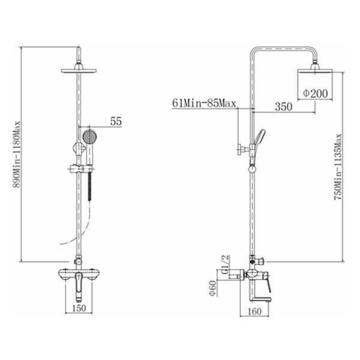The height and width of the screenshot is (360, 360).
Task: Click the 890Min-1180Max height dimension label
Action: click(x=17, y=155)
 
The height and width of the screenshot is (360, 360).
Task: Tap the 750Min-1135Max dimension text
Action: click(x=338, y=167)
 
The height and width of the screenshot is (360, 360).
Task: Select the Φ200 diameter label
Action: click(x=315, y=93)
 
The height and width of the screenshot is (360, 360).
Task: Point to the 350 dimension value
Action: click(x=284, y=107)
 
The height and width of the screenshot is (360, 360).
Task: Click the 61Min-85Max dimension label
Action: click(x=204, y=103)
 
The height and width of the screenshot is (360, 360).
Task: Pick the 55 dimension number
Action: click(x=116, y=121)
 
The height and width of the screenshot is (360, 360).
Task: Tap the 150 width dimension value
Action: click(x=79, y=308)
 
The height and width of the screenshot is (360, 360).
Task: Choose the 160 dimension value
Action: click(x=254, y=311)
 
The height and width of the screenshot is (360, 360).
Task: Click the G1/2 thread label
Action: click(x=226, y=264)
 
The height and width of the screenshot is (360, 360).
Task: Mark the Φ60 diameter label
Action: click(x=213, y=288)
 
